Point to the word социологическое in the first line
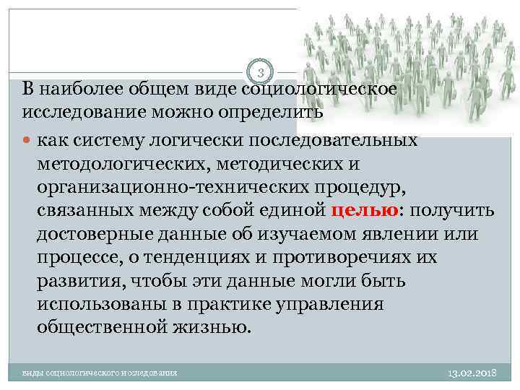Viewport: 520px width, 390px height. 318,90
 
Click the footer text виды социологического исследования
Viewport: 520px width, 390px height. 100,373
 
